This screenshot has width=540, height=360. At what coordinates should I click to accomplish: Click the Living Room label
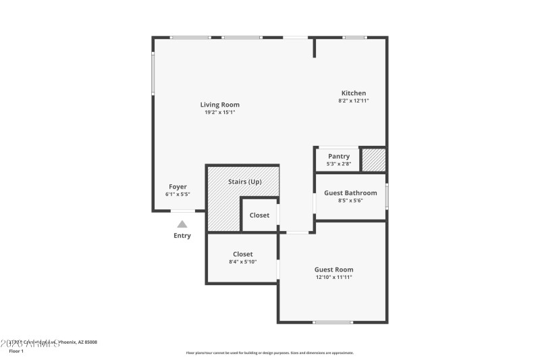[219, 105]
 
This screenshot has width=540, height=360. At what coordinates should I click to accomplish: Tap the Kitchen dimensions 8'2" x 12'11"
[353, 101]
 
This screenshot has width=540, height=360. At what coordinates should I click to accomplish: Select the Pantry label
[338, 156]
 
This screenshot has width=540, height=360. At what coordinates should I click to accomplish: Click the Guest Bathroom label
[350, 192]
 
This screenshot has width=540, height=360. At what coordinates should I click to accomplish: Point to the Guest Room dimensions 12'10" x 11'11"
[333, 277]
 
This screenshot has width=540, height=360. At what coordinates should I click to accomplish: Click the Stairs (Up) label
[244, 182]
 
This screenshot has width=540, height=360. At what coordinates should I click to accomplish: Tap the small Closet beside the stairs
[259, 215]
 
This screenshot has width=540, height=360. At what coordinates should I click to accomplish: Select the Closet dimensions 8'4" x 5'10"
[242, 261]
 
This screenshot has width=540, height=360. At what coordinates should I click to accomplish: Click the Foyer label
[178, 186]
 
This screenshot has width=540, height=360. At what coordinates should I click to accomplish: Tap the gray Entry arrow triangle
[182, 224]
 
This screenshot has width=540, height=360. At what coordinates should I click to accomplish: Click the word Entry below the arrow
[182, 236]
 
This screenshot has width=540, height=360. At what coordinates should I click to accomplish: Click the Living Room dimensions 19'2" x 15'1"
[219, 112]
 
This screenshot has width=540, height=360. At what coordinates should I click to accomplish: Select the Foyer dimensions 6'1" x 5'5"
[178, 195]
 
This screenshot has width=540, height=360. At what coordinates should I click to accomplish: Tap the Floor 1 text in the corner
[16, 351]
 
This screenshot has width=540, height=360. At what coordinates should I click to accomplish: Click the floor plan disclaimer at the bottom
[269, 353]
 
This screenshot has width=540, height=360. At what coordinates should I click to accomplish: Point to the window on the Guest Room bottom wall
[333, 322]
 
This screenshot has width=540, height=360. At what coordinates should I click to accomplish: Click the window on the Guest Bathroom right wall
[387, 197]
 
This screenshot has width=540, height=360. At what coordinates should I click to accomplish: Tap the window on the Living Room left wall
[153, 74]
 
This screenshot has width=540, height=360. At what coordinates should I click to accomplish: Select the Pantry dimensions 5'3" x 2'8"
[338, 163]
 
